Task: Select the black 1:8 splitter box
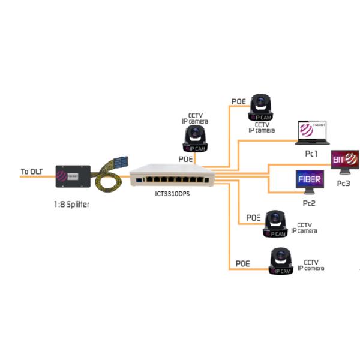[73, 178]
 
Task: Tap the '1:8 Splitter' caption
[72, 203]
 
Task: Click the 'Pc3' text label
[343, 182]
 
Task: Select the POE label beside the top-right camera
[239, 102]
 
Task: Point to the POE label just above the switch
[185, 158]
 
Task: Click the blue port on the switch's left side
[139, 178]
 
